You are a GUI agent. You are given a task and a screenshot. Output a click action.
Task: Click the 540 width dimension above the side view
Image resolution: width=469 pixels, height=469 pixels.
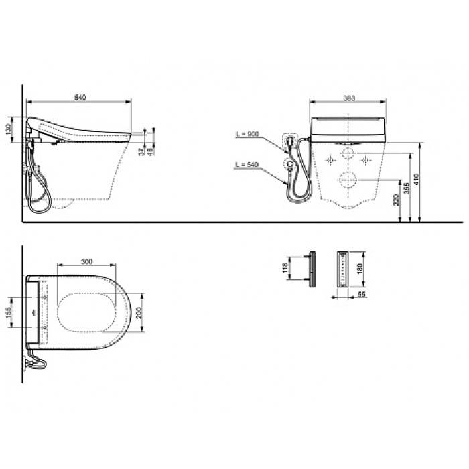[80, 98]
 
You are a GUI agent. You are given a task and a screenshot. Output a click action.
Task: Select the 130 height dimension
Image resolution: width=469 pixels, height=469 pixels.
[9, 129]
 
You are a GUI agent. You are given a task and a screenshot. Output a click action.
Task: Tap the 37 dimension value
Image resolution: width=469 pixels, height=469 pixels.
[141, 151]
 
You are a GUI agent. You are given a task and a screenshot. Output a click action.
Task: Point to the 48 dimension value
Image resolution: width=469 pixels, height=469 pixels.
[151, 151]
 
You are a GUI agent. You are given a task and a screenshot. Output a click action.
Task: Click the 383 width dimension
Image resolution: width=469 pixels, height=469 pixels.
[349, 98]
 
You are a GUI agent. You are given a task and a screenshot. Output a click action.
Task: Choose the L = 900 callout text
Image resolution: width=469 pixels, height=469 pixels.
[247, 134]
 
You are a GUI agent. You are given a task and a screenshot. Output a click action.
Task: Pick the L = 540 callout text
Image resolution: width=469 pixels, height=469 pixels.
[247, 165]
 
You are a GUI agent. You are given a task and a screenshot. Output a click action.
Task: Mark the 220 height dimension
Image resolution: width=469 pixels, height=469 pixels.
[396, 200]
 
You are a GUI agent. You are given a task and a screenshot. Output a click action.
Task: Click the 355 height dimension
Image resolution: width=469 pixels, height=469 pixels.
[407, 188]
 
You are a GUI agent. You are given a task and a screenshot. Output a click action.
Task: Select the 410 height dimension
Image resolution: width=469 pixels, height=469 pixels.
[416, 179]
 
